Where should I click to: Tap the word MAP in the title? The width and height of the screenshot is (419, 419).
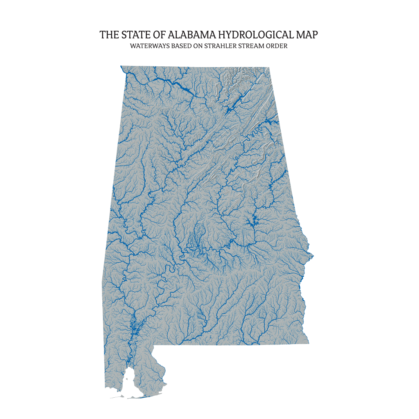tap(307, 35)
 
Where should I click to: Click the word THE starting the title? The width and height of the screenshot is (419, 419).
tap(108, 35)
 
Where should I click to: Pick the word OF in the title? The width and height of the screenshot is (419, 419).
tap(158, 35)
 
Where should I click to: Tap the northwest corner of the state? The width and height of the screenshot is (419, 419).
tap(121, 66)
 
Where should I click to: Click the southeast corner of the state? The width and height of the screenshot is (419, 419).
tap(309, 343)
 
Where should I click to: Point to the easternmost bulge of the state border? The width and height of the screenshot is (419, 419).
tap(313, 256)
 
